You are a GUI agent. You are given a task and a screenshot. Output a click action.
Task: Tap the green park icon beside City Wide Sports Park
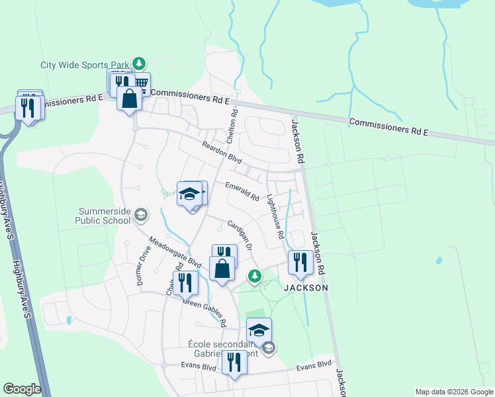pos(139,64)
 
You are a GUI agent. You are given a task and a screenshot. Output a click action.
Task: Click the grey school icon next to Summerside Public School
pos(140,214)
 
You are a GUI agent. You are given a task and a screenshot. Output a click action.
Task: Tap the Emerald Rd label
pos(242,192)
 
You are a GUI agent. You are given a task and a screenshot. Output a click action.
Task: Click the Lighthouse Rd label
pos(275,216)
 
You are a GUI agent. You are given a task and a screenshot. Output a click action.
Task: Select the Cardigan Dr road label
pos(240,234)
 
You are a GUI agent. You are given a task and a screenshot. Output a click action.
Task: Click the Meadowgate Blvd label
pos(175,252)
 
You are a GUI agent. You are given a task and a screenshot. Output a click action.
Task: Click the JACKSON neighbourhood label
pos(306,288)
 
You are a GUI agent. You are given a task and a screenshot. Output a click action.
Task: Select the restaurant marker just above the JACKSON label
pos(300,263)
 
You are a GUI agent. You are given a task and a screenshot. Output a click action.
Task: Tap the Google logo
pos(22,389)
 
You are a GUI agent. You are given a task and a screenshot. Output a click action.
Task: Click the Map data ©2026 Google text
pos(453,392)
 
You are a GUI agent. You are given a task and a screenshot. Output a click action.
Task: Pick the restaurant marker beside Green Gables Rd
pos(185,283)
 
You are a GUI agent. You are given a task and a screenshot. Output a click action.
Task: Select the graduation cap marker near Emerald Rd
pos(189,194)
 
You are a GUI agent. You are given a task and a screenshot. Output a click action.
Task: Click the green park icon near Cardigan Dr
pos(253,275)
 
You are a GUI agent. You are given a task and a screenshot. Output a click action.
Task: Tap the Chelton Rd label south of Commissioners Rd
pos(232,127)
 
